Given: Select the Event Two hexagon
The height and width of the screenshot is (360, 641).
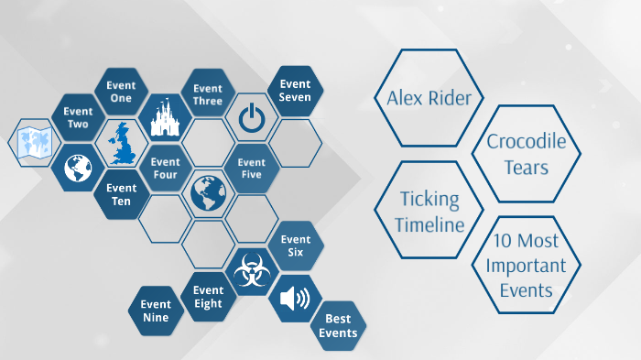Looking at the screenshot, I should (x=78, y=118).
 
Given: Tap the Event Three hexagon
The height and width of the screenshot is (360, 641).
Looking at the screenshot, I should (x=208, y=94).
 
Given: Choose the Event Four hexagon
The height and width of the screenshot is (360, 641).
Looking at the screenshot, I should (x=165, y=169).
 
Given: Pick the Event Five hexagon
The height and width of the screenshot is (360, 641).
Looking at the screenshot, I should (x=251, y=169).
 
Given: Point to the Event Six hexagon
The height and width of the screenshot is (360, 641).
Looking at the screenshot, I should (x=295, y=245).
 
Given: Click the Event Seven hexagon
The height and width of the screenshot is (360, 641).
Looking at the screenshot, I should (x=295, y=91).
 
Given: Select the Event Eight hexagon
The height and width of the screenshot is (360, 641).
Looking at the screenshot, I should (x=208, y=297).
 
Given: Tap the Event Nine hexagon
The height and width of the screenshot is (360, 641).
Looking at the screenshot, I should (x=156, y=311).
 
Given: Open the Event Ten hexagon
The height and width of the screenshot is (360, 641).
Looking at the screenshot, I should (x=122, y=194).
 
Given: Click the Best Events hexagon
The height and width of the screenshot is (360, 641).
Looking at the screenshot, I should (x=338, y=326).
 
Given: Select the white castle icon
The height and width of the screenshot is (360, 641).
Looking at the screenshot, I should (x=165, y=117).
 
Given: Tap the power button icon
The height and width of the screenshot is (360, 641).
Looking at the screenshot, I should (x=251, y=117).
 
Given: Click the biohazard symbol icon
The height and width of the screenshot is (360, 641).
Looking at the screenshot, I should (x=251, y=272).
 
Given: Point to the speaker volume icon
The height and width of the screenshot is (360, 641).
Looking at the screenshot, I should (x=295, y=298).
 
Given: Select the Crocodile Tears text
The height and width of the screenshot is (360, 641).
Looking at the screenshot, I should (x=526, y=154).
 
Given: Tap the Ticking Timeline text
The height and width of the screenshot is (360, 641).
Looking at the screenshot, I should (x=430, y=211).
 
